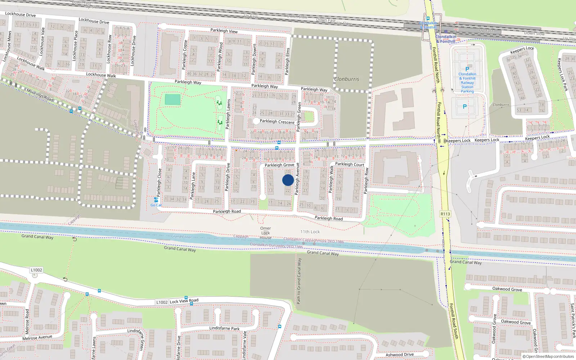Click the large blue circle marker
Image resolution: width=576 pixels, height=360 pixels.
coord(288,180)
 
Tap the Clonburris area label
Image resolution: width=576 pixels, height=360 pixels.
coord(346,79)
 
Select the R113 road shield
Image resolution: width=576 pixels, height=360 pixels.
coord(445,214)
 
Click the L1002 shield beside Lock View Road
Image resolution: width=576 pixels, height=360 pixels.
coord(162,302)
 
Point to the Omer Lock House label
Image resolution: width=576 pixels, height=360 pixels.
coord(266,233)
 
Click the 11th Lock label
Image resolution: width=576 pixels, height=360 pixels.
coord(310,232)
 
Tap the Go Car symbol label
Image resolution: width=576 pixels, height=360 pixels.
coord(156,205)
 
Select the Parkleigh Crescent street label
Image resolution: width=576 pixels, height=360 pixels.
coord(277,122)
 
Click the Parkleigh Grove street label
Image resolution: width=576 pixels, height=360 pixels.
coord(279,165)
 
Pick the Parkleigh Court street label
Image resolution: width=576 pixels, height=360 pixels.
coord(350,164)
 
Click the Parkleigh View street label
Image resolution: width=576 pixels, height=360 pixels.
coord(224,31)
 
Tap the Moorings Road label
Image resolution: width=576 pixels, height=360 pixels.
coord(40,95)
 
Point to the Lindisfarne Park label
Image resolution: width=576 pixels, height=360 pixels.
coord(224,328)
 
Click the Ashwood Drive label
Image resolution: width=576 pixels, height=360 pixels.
coord(400,355)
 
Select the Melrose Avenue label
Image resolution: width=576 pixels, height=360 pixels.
coord(37,338)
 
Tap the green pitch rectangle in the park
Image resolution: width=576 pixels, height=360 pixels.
coord(172,100)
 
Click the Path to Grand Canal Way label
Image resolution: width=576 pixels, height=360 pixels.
coord(299,281)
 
